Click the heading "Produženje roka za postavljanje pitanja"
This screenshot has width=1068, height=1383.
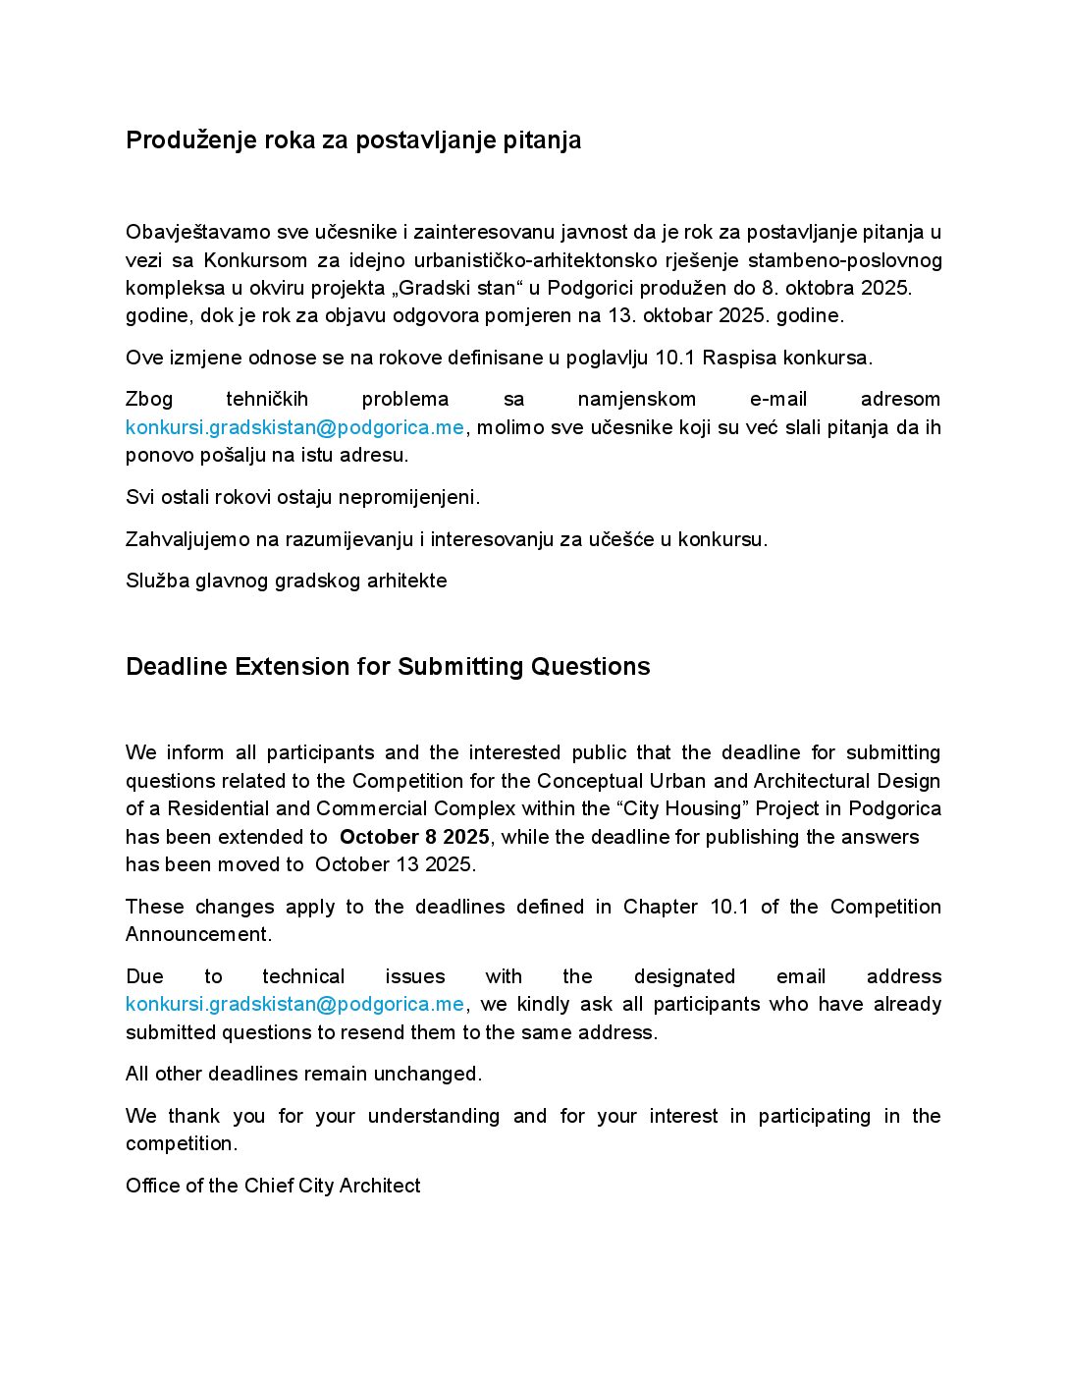pos(353,140)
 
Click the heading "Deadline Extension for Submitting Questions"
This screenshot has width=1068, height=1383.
pos(388,667)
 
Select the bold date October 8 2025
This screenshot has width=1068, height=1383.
pos(414,837)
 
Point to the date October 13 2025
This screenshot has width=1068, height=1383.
pos(395,864)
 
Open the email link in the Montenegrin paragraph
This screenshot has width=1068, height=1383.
pos(294,427)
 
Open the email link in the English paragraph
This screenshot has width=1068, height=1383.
pos(294,1004)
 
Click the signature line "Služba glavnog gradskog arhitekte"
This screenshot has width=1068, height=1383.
pos(287,581)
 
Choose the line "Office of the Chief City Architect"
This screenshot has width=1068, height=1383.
pos(273,1186)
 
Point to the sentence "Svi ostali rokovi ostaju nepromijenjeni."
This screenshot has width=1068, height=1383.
pos(302,497)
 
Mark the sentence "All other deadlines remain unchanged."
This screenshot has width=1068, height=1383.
pos(303,1074)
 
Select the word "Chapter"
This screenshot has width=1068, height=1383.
pos(660,907)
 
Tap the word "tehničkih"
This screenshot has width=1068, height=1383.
pos(267,399)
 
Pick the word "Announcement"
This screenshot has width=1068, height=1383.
pos(197,934)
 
